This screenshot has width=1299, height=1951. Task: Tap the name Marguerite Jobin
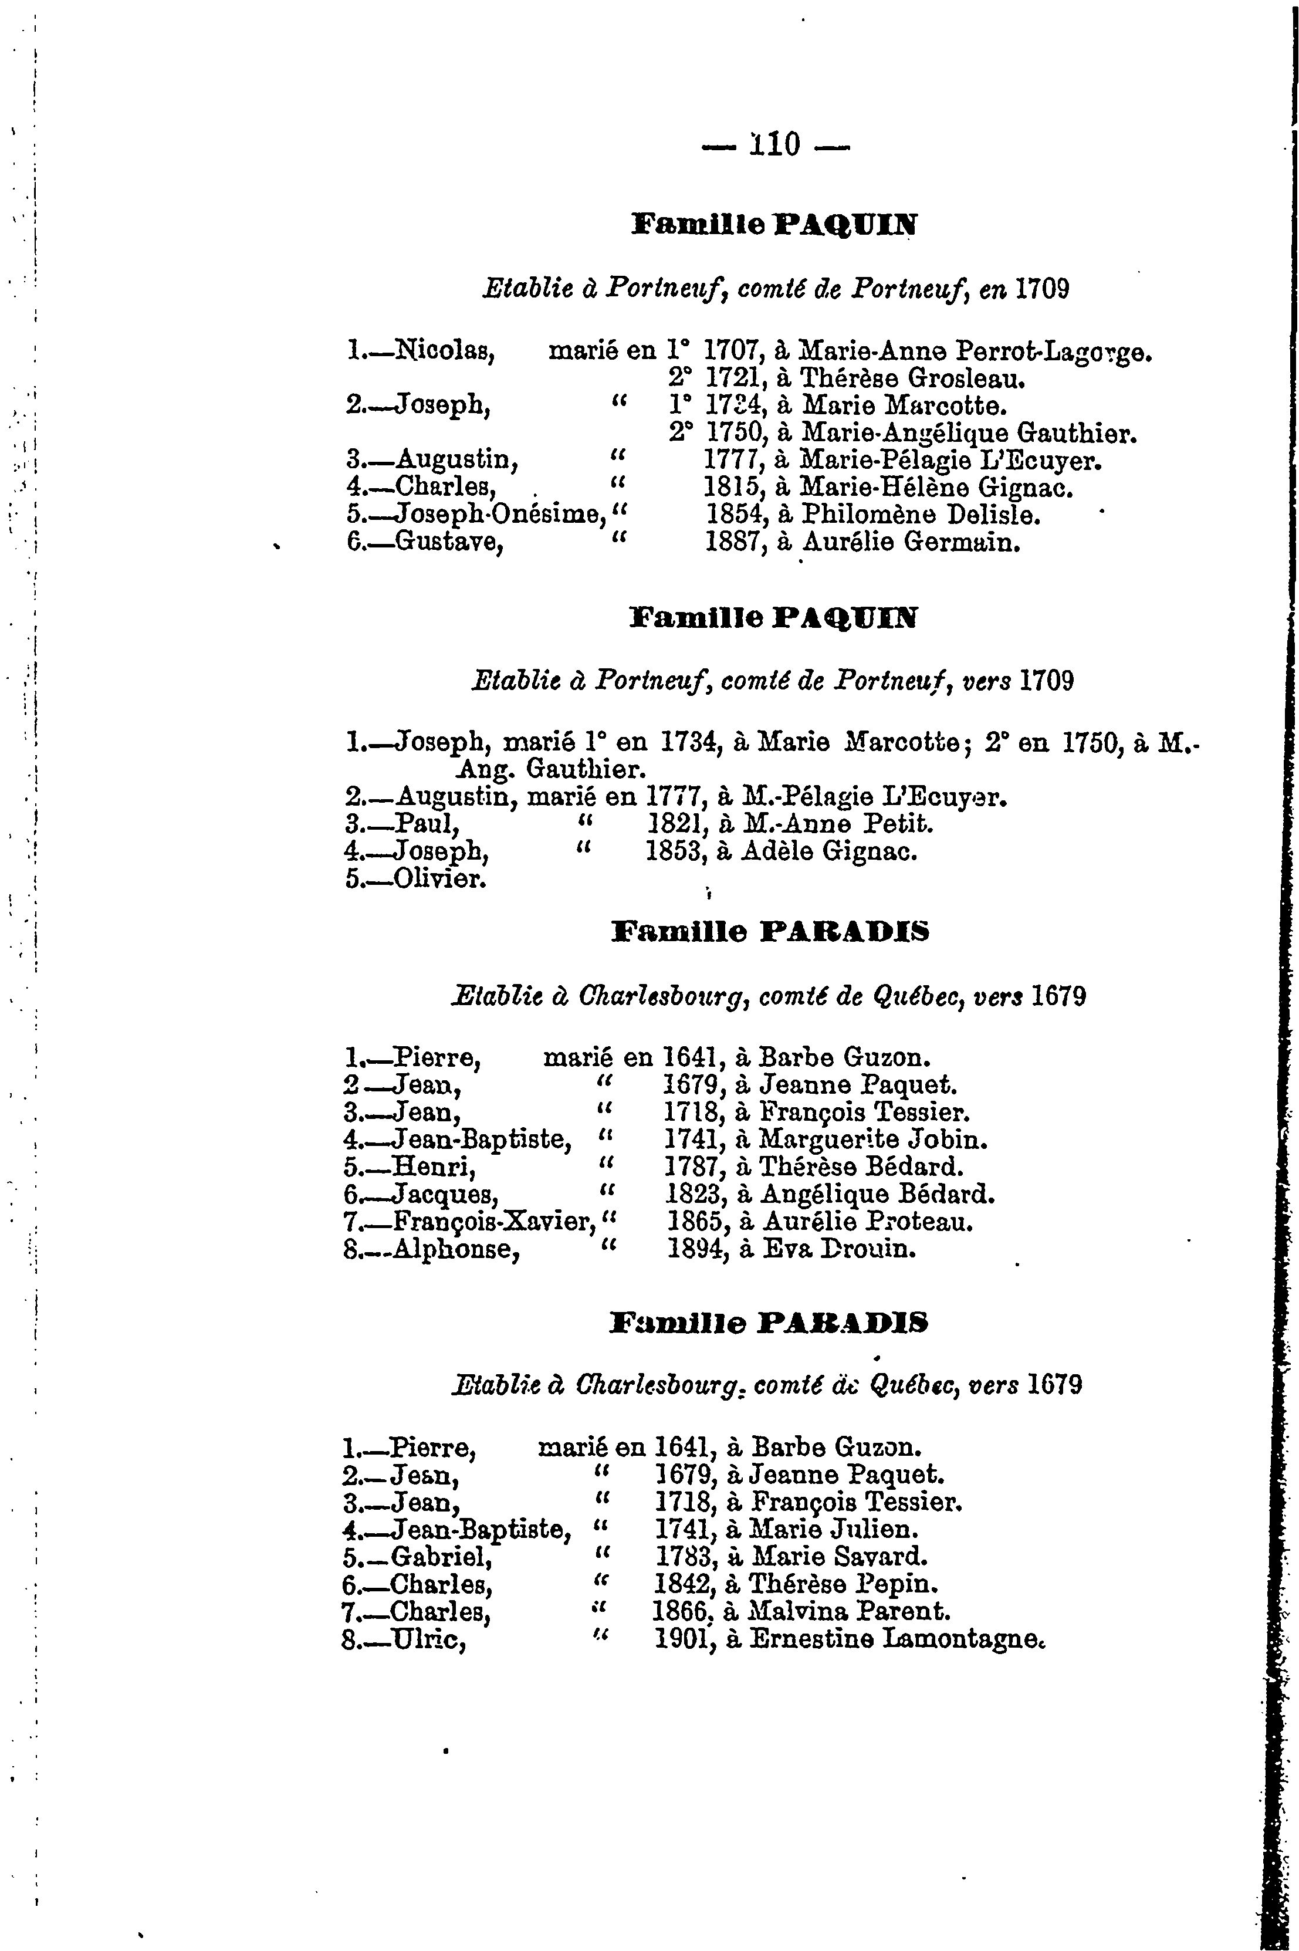873,1139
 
